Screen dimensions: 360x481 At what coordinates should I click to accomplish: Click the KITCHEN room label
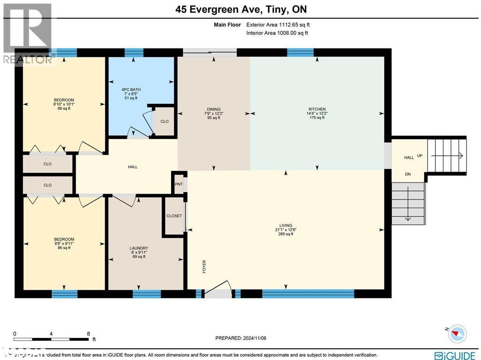(318, 109)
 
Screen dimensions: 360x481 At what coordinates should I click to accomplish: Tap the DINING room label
(214, 109)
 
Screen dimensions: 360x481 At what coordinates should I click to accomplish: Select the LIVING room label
(285, 225)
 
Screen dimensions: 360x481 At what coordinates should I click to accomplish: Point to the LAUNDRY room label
(139, 248)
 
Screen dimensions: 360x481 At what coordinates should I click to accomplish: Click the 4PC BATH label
(131, 89)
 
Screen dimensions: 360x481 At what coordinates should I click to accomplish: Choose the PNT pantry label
(178, 184)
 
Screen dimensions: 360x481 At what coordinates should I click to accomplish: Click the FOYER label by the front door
(204, 266)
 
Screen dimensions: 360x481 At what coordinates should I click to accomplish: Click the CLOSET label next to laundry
(174, 216)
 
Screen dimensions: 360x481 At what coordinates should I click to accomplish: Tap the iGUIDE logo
(455, 355)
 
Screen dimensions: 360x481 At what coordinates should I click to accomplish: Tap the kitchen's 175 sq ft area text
(318, 117)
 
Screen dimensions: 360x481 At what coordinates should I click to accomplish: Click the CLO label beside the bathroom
(164, 121)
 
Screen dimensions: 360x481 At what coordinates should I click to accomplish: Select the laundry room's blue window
(147, 294)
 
